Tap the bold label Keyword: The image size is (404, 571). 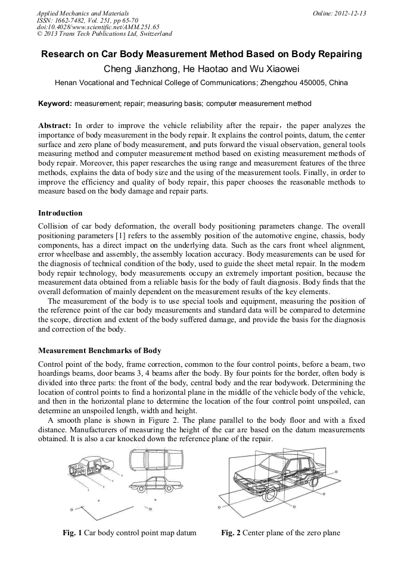[x=55, y=104]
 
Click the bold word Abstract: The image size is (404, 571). [x=55, y=126]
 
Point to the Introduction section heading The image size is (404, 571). [x=60, y=213]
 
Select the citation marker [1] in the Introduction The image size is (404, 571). [x=124, y=235]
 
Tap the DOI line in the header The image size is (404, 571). [x=98, y=27]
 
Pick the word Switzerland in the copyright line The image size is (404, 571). [x=148, y=33]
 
